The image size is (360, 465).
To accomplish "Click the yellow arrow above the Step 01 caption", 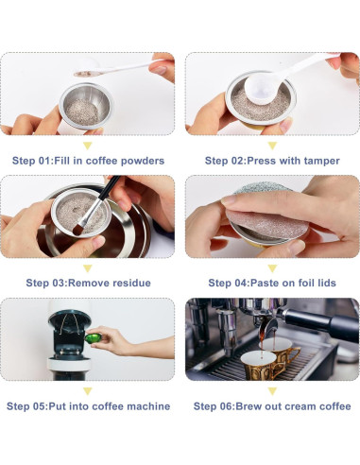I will click(88, 145).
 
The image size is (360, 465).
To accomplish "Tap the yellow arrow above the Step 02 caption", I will click(272, 145).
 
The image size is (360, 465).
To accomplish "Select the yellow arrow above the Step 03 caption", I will click(88, 267).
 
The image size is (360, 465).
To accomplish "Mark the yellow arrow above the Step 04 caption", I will click(272, 267).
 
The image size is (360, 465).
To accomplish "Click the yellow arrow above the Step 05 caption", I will click(88, 390).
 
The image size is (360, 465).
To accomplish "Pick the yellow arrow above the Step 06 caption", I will click(272, 390).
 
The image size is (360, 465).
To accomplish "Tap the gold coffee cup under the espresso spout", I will click(271, 358).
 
